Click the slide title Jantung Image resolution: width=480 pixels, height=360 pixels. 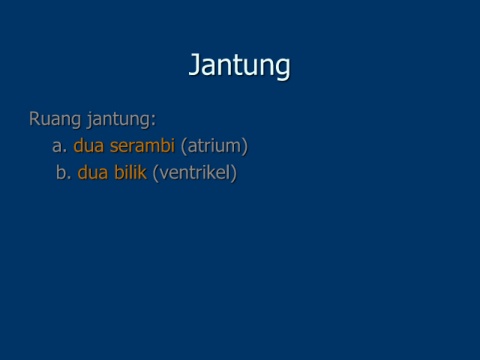pyautogui.click(x=239, y=66)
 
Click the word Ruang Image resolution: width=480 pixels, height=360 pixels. pyautogui.click(x=55, y=119)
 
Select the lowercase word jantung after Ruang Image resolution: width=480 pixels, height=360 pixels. pyautogui.click(x=118, y=120)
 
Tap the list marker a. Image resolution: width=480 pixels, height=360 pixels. pyautogui.click(x=60, y=146)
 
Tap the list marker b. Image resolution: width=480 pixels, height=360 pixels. pyautogui.click(x=63, y=172)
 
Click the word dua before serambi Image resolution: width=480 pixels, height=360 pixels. pyautogui.click(x=88, y=145)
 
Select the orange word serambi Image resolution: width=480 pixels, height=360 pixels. pyautogui.click(x=142, y=145)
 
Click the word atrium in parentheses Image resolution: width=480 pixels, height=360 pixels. pyautogui.click(x=214, y=146)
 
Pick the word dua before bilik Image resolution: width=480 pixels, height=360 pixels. pyautogui.click(x=93, y=172)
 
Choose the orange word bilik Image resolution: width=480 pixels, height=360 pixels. pyautogui.click(x=130, y=172)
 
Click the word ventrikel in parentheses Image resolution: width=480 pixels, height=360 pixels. pyautogui.click(x=195, y=173)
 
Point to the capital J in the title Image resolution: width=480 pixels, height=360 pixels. pyautogui.click(x=195, y=64)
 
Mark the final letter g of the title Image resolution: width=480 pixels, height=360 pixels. pyautogui.click(x=283, y=68)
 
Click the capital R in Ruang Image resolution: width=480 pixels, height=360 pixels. pyautogui.click(x=34, y=119)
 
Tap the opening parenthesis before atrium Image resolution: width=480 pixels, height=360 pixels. pyautogui.click(x=184, y=146)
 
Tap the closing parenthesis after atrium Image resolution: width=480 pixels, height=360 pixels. pyautogui.click(x=245, y=146)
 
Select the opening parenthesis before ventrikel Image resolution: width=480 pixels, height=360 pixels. pyautogui.click(x=155, y=173)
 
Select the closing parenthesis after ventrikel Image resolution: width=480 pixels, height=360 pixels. pyautogui.click(x=234, y=173)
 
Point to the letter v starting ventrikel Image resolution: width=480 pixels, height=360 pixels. pyautogui.click(x=163, y=175)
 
